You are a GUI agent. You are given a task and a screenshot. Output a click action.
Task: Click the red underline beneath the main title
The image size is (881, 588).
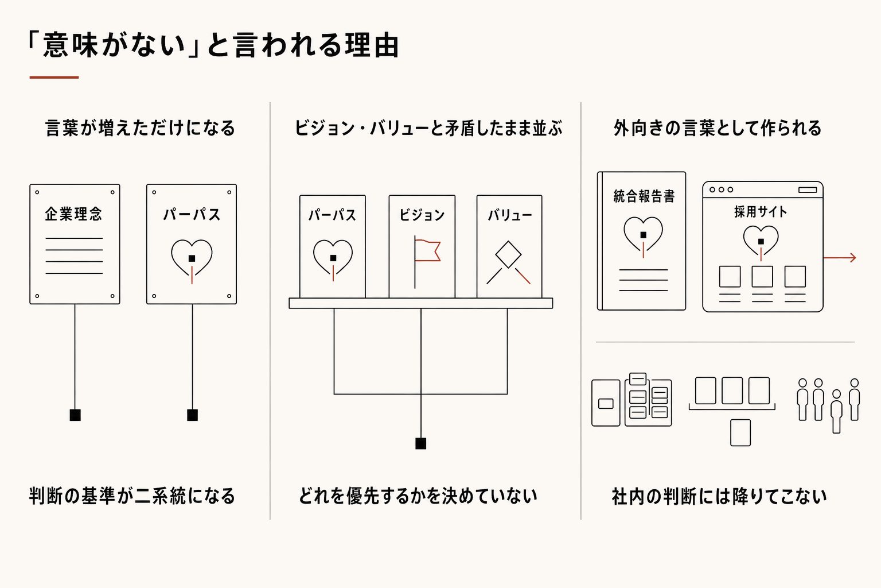pos(54,77)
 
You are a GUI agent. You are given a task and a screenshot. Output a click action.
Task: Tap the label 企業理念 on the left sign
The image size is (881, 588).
pos(73,214)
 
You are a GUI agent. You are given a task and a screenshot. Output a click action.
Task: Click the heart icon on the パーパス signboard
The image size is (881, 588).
pos(192,258)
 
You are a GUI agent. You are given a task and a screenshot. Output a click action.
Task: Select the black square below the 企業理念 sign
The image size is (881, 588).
pos(75,415)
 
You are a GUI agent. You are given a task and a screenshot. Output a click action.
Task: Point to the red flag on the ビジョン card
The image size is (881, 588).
pos(428,250)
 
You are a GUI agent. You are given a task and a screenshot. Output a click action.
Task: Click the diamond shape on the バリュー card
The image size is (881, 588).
pos(508,254)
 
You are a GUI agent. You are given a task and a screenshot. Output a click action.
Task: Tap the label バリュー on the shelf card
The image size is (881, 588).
pos(510,215)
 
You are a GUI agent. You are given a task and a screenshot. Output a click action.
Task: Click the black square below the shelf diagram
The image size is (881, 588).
pos(421,444)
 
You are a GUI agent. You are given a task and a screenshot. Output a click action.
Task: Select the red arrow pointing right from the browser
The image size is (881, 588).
pos(840,258)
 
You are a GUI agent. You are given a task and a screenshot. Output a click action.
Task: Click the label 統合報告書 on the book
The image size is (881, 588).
pos(644,196)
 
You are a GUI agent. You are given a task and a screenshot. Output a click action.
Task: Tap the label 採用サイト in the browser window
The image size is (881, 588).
pos(761,212)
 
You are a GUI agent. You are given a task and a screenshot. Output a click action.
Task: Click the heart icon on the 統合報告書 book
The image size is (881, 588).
pos(643,234)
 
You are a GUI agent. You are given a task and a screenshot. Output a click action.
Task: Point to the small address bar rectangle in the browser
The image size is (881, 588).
pos(808,190)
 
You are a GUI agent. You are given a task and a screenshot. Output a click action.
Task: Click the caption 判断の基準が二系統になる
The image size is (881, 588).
pos(132,496)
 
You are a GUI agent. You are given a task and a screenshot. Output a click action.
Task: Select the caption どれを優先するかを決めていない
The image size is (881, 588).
pos(418,496)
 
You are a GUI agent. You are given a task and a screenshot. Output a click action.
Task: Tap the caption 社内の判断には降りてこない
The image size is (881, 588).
pos(719,496)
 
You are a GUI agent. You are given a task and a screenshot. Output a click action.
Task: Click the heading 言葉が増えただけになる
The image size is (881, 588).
pos(141,128)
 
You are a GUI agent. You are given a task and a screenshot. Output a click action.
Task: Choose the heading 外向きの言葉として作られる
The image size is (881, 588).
pos(718,128)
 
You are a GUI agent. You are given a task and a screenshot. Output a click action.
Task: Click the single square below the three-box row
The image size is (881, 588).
pos(740,433)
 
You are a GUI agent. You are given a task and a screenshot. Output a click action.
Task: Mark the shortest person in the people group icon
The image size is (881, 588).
pos(837,412)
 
